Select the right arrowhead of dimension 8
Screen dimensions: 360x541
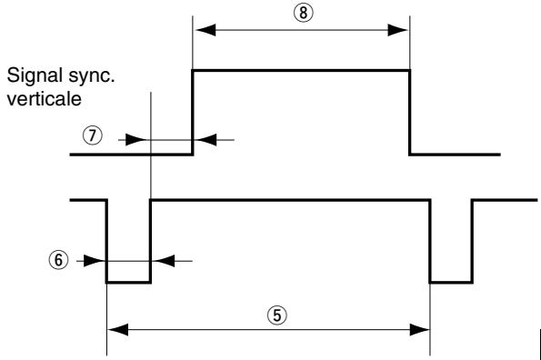pyautogui.click(x=401, y=29)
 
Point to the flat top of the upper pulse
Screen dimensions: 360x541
pyautogui.click(x=300, y=69)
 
